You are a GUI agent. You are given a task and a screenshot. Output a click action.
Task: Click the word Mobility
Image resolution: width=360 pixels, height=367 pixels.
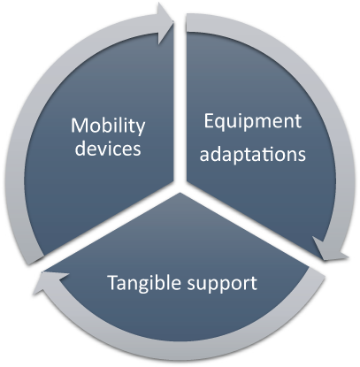coord(108,126)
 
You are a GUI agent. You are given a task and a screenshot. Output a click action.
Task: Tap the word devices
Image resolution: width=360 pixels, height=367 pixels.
coord(108,148)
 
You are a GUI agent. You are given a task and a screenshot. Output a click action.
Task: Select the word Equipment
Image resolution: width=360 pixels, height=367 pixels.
coord(253,122)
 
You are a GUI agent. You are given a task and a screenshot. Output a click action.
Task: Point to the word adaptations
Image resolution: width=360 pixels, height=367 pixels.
coord(253,153)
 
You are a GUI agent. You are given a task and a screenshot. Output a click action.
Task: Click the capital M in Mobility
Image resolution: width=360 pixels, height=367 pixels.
coord(79,126)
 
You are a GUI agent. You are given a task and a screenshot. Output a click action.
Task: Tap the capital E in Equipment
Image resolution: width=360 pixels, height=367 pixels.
coord(209,121)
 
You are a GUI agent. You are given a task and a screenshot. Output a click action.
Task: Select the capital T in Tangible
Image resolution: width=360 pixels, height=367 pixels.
coord(113,282)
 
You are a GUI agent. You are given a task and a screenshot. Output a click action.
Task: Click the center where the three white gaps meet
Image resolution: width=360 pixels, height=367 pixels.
coord(180,187)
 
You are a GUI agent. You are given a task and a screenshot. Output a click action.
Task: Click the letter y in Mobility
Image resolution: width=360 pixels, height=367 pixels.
coord(141,129)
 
